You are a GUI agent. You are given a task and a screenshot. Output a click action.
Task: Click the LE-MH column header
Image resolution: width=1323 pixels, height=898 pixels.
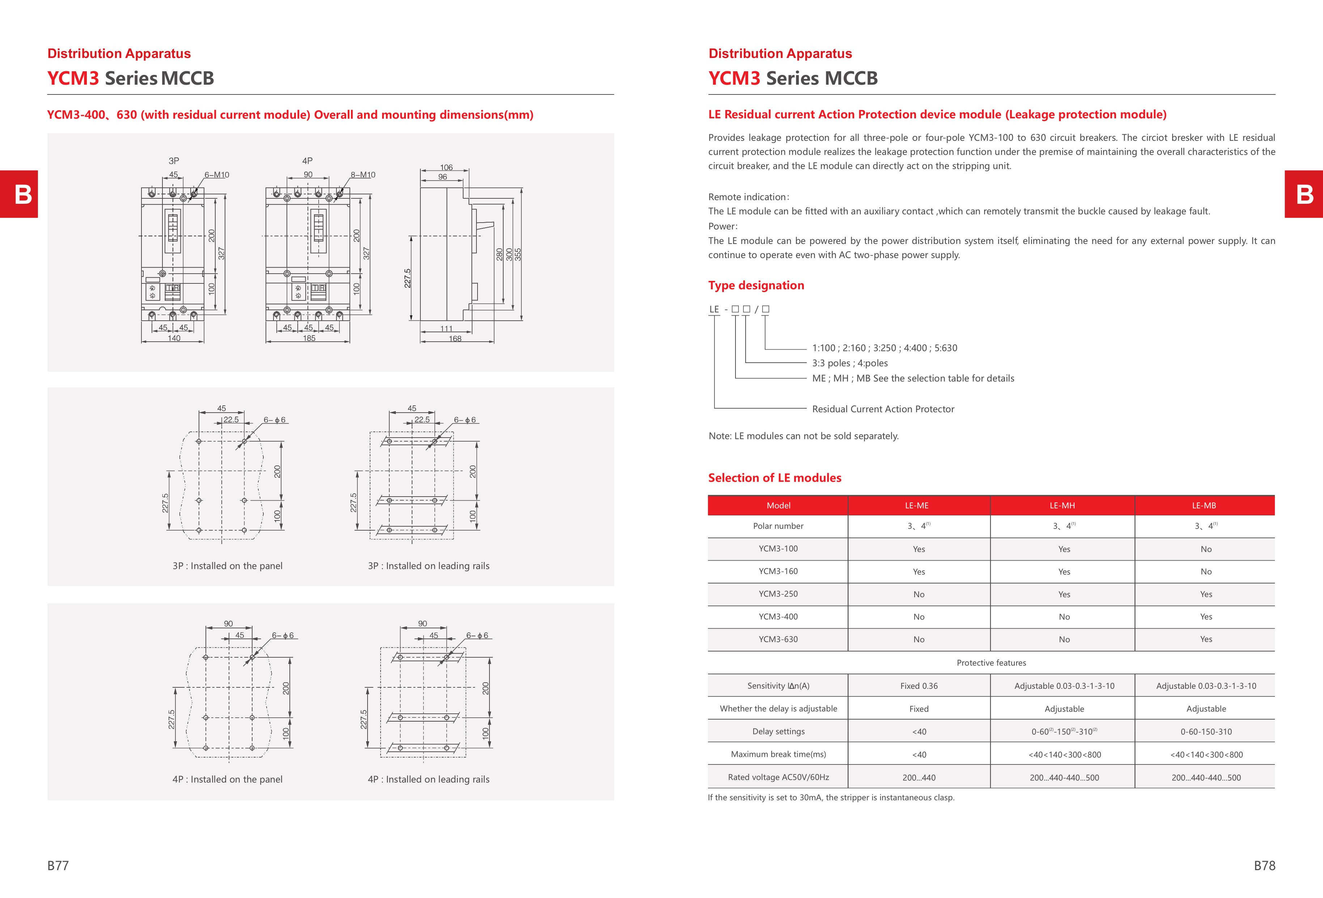(x=1062, y=505)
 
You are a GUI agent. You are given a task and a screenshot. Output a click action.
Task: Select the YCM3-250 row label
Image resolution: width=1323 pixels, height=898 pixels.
(x=778, y=594)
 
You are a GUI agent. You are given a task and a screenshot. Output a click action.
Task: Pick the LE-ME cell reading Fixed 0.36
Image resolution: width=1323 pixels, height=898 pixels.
(x=919, y=686)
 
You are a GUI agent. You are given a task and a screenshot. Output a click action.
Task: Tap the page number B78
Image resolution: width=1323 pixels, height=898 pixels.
(x=1264, y=865)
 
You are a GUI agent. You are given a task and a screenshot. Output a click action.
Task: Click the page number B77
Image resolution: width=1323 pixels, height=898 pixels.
(x=58, y=865)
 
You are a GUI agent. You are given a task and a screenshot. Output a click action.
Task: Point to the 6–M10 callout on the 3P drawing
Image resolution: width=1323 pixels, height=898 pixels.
(x=217, y=175)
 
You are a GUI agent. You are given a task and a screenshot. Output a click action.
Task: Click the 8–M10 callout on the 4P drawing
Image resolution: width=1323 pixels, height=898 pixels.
(x=363, y=175)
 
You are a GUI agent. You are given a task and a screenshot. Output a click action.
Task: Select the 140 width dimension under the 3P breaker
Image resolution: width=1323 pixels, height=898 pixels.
(x=174, y=338)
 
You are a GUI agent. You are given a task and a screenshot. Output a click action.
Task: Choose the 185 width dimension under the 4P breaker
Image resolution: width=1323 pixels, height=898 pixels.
(x=309, y=338)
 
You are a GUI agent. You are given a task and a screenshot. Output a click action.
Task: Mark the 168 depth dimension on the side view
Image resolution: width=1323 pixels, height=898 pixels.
(x=455, y=339)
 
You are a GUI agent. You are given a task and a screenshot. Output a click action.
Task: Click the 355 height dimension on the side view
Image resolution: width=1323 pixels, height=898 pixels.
(x=518, y=254)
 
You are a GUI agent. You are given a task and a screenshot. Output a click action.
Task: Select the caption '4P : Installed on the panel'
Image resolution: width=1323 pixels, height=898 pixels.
(x=227, y=780)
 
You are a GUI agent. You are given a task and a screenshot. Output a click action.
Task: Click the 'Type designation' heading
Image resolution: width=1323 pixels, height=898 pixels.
(x=756, y=285)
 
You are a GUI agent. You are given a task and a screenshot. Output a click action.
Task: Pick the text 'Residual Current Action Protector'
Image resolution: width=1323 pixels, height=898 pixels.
(x=883, y=409)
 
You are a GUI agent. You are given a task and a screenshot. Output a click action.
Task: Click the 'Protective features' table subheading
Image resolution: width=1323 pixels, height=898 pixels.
(x=991, y=663)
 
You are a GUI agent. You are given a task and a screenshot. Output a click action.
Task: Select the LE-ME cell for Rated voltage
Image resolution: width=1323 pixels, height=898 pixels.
(x=919, y=777)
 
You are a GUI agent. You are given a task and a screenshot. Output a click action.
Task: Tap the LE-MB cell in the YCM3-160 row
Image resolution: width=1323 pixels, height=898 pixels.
(x=1206, y=572)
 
